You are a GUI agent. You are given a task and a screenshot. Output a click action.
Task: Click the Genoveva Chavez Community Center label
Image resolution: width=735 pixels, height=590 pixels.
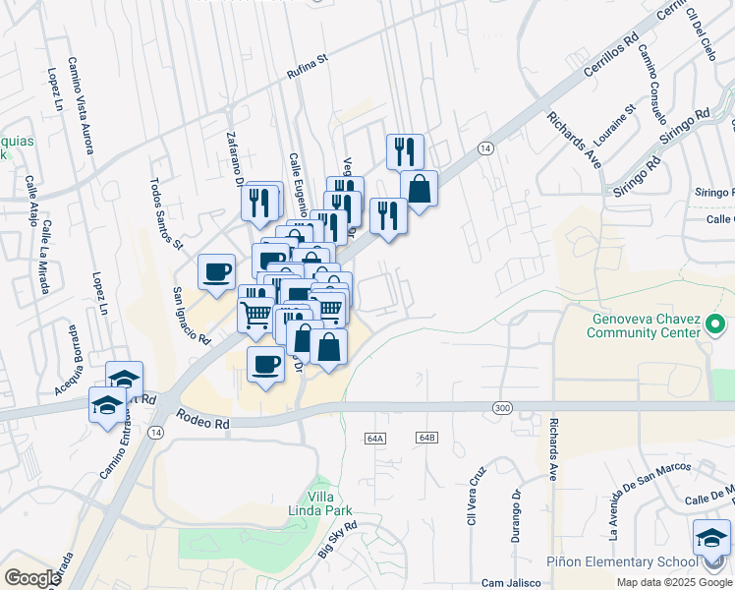pyautogui.click(x=645, y=325)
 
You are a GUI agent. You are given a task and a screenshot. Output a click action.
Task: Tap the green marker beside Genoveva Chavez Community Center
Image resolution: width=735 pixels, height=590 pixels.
pyautogui.click(x=715, y=324)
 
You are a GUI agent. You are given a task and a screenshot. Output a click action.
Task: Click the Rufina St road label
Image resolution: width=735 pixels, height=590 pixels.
pyautogui.click(x=306, y=68)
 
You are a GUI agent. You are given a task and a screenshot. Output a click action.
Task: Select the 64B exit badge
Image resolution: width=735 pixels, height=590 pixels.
pyautogui.click(x=425, y=437)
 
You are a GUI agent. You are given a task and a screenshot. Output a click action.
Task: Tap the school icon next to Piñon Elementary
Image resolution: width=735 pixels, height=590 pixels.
pyautogui.click(x=711, y=539)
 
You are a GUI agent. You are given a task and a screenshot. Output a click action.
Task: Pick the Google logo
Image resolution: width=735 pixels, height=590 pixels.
pyautogui.click(x=32, y=577)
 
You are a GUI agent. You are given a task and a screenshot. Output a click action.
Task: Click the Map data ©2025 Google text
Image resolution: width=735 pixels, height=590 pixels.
pyautogui.click(x=675, y=582)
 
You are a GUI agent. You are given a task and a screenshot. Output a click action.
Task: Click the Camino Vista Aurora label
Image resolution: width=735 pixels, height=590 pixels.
pyautogui.click(x=81, y=104)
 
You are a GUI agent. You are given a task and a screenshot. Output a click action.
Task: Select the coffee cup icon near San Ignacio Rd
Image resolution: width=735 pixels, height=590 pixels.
pyautogui.click(x=216, y=271)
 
